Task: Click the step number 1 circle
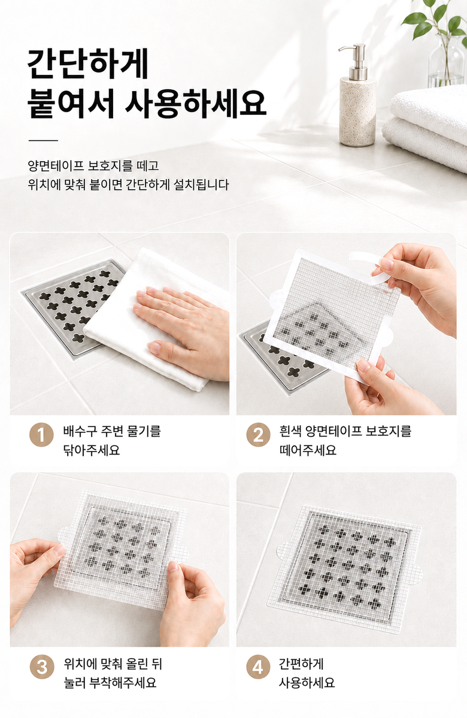point(42,435)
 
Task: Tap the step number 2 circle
point(258,435)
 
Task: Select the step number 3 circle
point(42,667)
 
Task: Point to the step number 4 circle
point(258,667)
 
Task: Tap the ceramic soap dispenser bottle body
point(357,112)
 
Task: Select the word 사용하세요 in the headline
point(196,103)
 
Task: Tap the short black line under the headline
point(43,140)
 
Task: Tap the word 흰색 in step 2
point(289,431)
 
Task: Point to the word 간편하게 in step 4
point(301,664)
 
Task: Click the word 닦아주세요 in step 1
point(92,450)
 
